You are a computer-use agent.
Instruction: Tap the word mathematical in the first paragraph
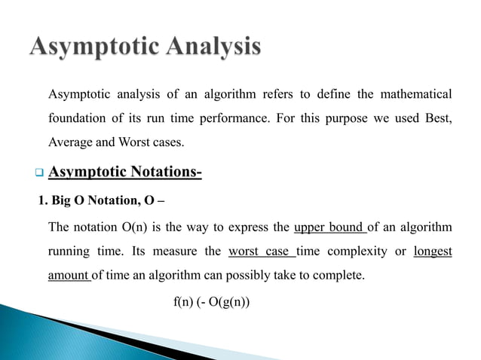(413, 94)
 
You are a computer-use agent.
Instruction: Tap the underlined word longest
(433, 251)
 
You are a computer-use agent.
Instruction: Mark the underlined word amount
(69, 275)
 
